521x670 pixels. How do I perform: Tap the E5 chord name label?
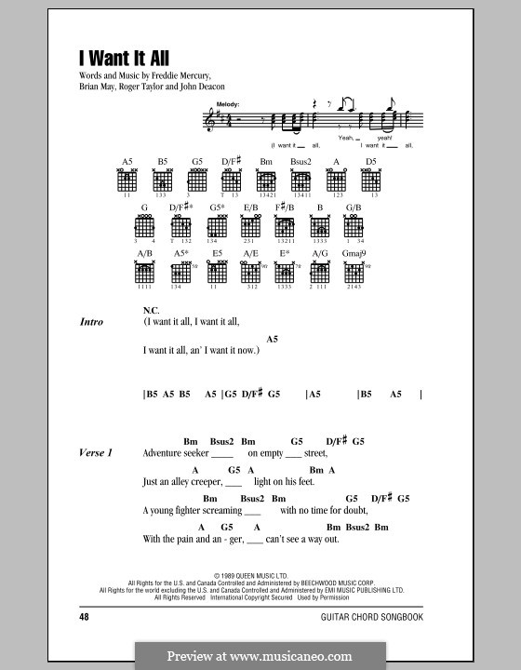[x=217, y=252]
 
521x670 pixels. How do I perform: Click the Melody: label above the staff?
[x=224, y=104]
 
